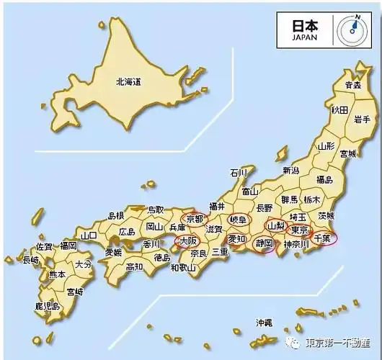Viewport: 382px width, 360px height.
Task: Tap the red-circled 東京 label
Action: tap(298, 230)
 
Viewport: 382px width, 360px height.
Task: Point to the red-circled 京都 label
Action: tap(195, 218)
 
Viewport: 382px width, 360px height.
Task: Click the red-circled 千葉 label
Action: tap(322, 237)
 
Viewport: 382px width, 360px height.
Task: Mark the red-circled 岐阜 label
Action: tap(237, 219)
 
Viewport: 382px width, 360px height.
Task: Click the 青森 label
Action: tap(352, 85)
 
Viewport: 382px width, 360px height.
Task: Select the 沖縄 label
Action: tap(264, 323)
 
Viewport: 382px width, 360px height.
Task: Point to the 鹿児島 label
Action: tap(47, 307)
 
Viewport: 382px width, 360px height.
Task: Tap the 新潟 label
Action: tap(290, 171)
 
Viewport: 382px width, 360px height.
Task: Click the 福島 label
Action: tap(324, 179)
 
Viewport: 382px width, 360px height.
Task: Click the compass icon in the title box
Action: tap(353, 27)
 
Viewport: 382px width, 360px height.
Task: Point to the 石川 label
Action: tap(238, 173)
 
